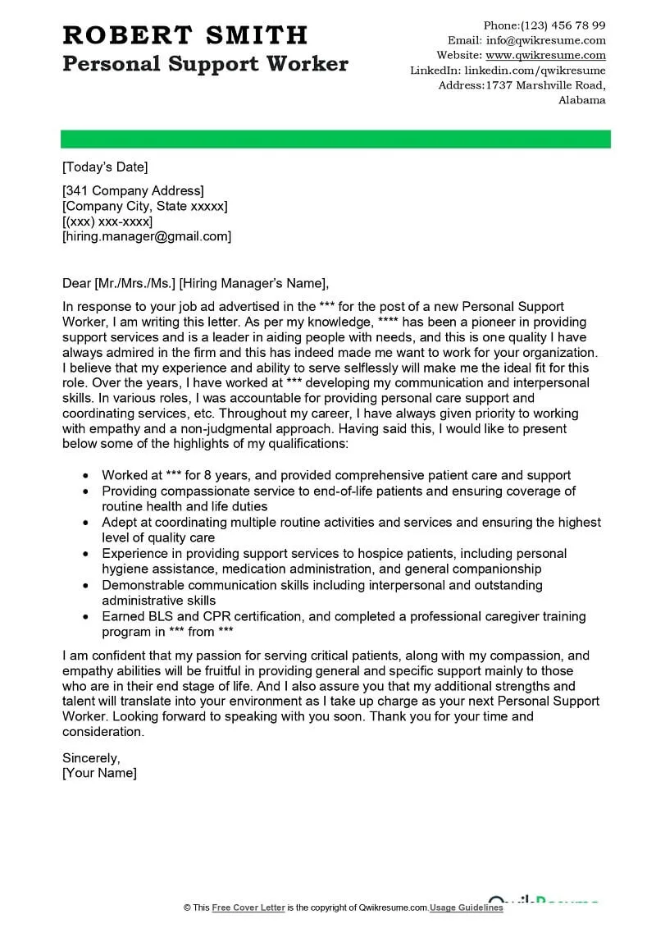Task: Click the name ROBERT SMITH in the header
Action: [x=185, y=34]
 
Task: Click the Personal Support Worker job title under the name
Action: [x=205, y=64]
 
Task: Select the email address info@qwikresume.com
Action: [x=546, y=40]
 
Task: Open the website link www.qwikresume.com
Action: [x=546, y=55]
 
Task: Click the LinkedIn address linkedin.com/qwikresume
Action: [x=535, y=71]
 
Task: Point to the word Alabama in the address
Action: [x=582, y=100]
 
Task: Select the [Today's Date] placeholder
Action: [x=105, y=167]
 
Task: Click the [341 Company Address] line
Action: [x=133, y=191]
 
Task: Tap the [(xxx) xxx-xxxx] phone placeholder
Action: [x=107, y=222]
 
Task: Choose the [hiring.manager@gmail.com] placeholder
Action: [x=147, y=236]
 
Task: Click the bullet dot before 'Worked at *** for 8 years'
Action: [x=85, y=476]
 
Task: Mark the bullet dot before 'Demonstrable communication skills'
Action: [x=85, y=586]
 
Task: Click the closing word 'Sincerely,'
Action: [x=91, y=757]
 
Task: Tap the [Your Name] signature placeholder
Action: [x=99, y=773]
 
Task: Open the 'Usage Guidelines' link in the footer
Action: [x=467, y=907]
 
